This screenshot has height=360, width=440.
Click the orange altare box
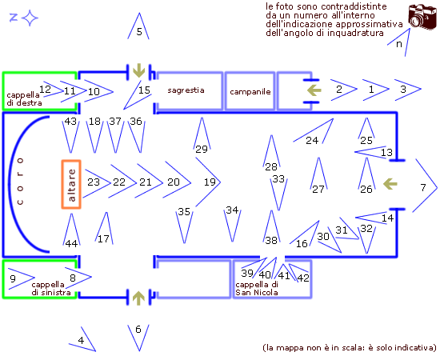(x=71, y=184)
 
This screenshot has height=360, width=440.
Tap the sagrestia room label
(x=186, y=90)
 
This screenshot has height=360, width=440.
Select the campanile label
(x=250, y=92)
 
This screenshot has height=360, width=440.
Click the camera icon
(x=422, y=16)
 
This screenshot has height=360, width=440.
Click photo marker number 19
(x=208, y=182)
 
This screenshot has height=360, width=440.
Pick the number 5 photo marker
(x=138, y=26)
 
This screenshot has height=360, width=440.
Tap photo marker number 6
(x=138, y=338)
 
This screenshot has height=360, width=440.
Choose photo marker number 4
(x=82, y=339)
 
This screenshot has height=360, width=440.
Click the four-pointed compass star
(x=30, y=18)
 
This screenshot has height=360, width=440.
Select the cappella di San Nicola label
(x=257, y=289)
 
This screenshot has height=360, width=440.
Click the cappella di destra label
(x=25, y=98)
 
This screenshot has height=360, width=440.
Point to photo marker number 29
(x=202, y=134)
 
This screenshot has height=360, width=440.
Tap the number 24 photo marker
(x=314, y=131)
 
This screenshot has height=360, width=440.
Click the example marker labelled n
(x=398, y=42)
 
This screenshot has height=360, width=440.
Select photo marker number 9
(x=21, y=278)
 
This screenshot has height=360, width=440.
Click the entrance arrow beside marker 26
(x=390, y=184)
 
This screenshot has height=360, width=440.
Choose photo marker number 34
(x=232, y=224)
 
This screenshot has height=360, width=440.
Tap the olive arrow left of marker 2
(x=314, y=90)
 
